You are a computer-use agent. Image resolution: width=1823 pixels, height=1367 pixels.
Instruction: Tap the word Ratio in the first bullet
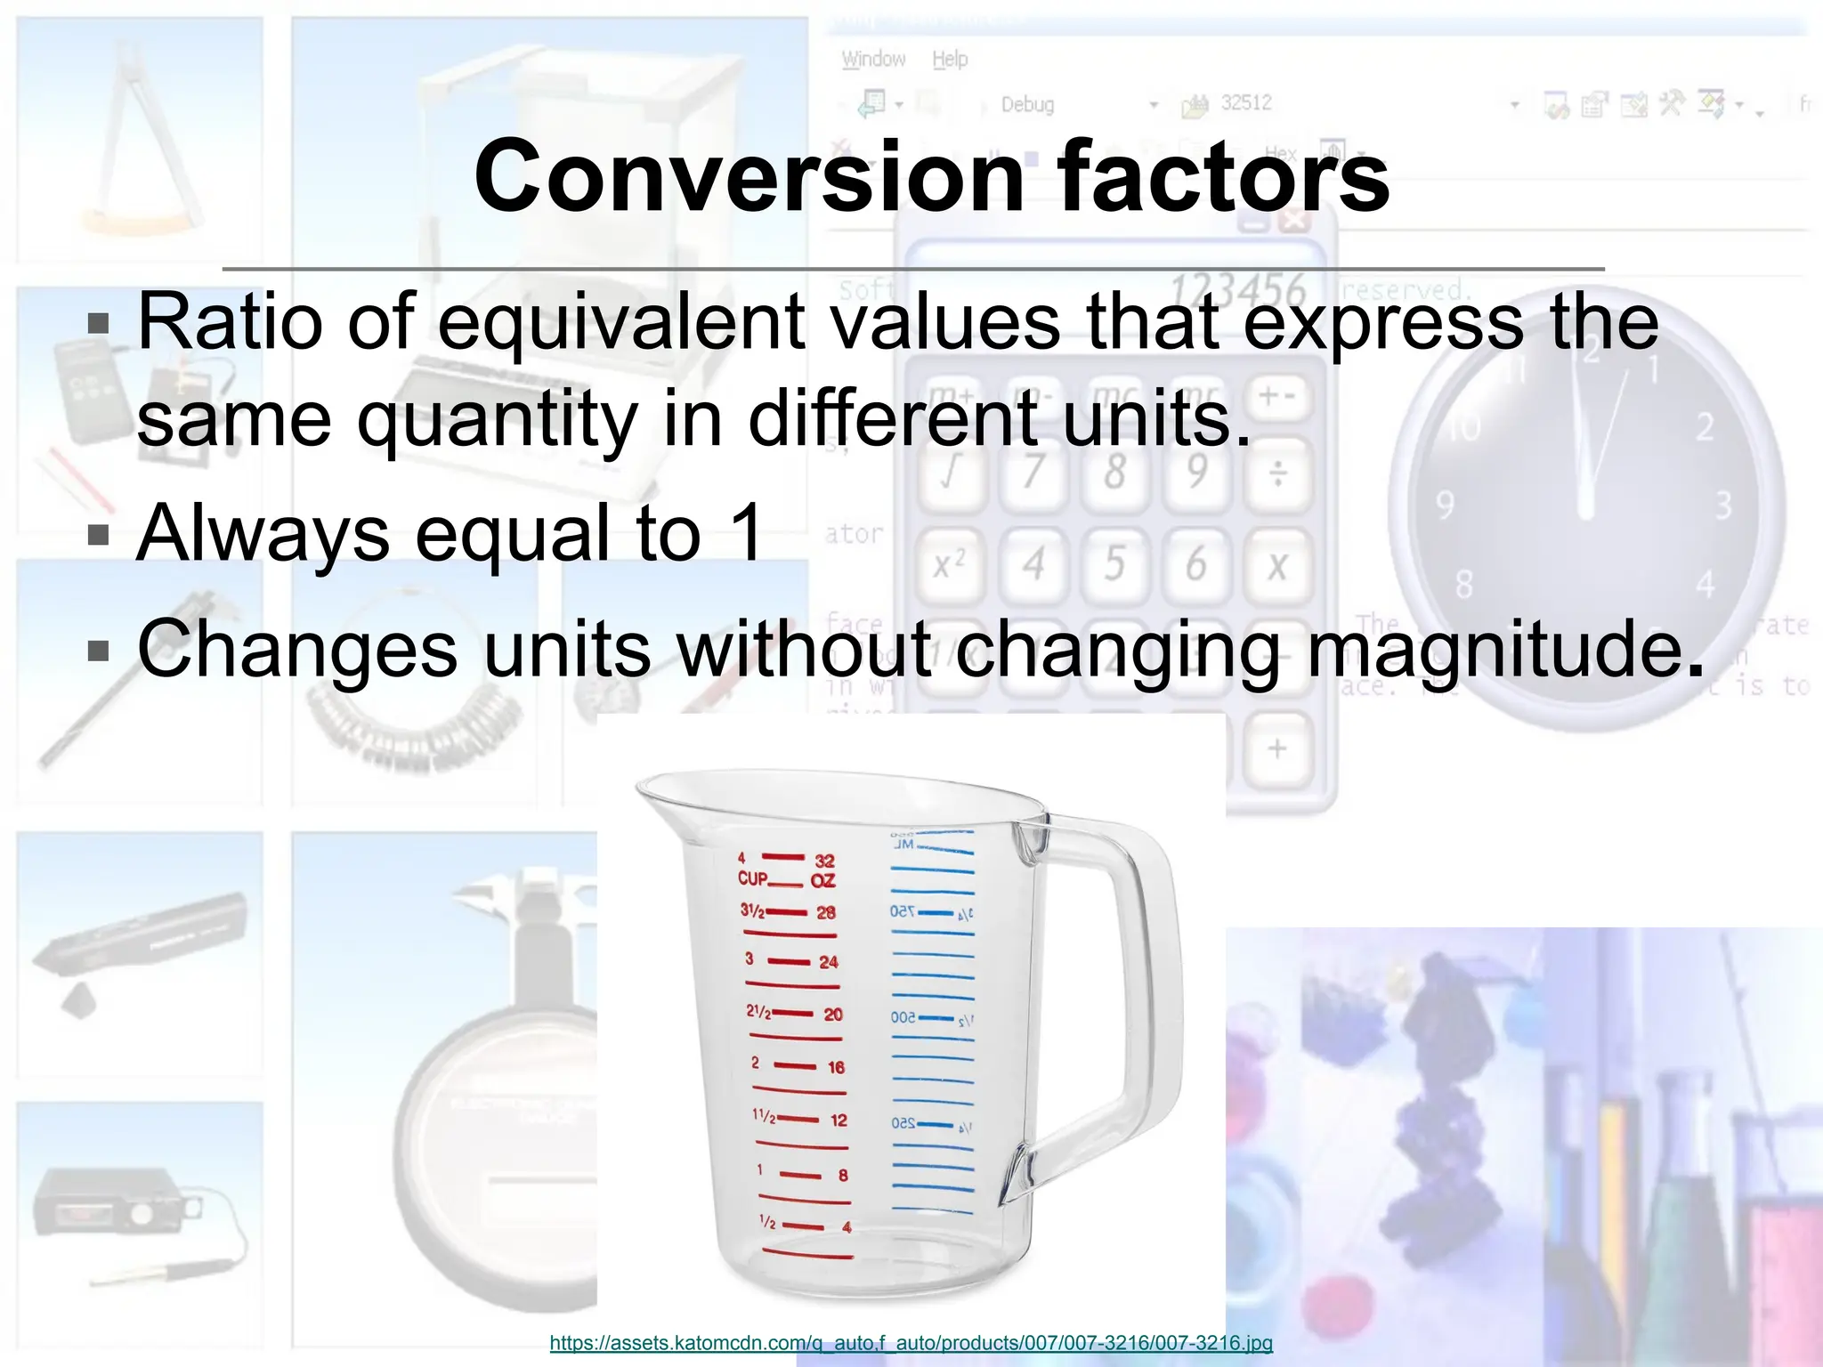pyautogui.click(x=229, y=322)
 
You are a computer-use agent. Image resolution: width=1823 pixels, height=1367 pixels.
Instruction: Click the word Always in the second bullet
pyautogui.click(x=263, y=533)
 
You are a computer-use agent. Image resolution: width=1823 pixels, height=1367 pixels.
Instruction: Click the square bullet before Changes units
pyautogui.click(x=98, y=651)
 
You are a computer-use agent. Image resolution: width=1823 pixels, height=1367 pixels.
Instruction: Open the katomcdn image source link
pyautogui.click(x=911, y=1343)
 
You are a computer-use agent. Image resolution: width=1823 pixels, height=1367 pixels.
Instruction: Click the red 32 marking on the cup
pyautogui.click(x=825, y=861)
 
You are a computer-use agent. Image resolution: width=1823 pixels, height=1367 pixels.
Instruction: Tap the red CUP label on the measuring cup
pyautogui.click(x=752, y=878)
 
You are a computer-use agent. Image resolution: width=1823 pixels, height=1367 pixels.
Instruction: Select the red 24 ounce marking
pyautogui.click(x=828, y=962)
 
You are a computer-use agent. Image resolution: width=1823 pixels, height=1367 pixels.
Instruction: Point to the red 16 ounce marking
pyautogui.click(x=835, y=1067)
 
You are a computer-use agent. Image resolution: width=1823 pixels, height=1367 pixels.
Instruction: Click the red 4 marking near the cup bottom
pyautogui.click(x=846, y=1227)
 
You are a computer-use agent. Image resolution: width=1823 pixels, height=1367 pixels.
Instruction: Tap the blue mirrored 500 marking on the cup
pyautogui.click(x=903, y=1017)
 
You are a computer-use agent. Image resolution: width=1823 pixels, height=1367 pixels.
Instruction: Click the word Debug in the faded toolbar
pyautogui.click(x=1027, y=105)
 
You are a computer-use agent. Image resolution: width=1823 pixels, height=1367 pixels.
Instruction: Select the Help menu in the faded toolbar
pyautogui.click(x=950, y=60)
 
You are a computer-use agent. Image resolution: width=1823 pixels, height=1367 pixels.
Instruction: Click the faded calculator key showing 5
pyautogui.click(x=1114, y=564)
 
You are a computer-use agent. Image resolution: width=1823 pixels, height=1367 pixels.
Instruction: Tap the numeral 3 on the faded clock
pyautogui.click(x=1723, y=506)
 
